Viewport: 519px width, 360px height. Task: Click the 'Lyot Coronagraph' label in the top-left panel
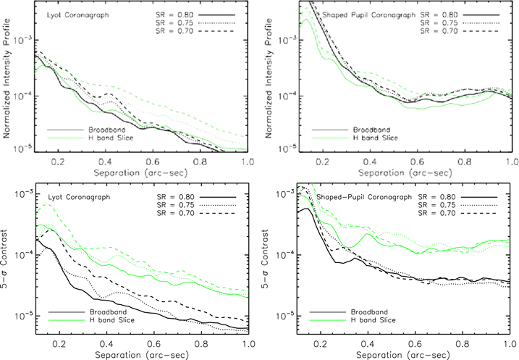click(x=77, y=15)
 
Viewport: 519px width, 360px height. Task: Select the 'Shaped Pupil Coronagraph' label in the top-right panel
click(x=368, y=15)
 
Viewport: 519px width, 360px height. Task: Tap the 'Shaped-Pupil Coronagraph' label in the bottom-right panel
click(x=364, y=197)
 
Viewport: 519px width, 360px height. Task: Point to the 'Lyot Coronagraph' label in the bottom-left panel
click(x=79, y=197)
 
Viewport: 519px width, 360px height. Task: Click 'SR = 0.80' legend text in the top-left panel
click(x=174, y=15)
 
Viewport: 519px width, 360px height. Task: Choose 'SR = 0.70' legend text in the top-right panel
click(x=439, y=31)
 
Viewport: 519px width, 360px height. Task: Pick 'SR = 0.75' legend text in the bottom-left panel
click(x=176, y=205)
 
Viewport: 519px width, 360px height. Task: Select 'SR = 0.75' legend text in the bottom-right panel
click(x=437, y=205)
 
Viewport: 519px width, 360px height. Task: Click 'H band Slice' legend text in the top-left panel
click(x=111, y=138)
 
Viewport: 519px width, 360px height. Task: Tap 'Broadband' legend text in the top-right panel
click(x=372, y=130)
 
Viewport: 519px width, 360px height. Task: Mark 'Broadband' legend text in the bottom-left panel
click(x=109, y=312)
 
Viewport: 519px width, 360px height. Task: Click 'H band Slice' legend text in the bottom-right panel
click(x=373, y=320)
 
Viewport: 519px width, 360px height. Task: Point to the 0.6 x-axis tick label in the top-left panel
click(x=153, y=162)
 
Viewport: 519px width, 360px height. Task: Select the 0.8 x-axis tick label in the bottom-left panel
click(x=201, y=344)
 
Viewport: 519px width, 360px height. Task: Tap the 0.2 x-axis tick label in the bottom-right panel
click(x=321, y=344)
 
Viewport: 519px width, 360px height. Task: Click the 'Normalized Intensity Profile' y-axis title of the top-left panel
click(x=7, y=78)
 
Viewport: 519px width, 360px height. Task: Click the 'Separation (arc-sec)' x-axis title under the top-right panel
click(x=405, y=173)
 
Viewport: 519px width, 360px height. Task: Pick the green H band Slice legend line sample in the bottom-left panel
click(x=67, y=320)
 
